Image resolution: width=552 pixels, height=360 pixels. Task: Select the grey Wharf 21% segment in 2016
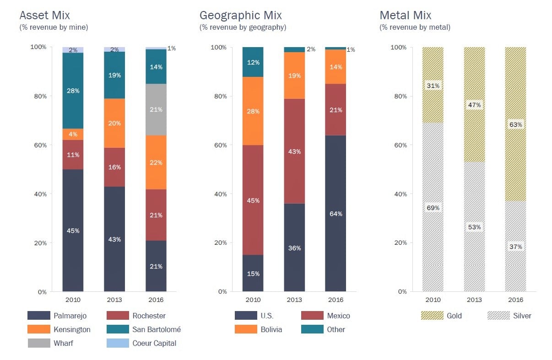pos(156,109)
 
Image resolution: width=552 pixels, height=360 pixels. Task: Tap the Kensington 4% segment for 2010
pos(73,134)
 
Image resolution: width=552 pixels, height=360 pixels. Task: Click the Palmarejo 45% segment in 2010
pos(73,231)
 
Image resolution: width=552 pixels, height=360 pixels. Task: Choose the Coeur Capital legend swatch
pos(118,343)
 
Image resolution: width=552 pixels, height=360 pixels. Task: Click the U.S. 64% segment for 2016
pos(336,214)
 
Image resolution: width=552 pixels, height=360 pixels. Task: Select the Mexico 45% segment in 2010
pos(253,200)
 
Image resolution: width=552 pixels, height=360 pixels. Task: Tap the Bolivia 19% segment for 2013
pos(294,75)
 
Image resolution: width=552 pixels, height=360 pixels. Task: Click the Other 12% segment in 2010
pos(253,62)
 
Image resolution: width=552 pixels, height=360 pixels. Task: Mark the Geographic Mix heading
pos(241,16)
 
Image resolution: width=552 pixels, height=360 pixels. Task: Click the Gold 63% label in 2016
pos(515,124)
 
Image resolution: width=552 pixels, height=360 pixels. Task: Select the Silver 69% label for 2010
pos(433,208)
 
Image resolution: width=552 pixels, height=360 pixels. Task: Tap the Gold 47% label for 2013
pos(474,105)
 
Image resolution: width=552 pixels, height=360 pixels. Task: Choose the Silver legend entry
pos(522,316)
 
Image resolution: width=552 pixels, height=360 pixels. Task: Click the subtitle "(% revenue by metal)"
pos(415,27)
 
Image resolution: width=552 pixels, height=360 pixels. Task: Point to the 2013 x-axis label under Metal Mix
pos(474,300)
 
